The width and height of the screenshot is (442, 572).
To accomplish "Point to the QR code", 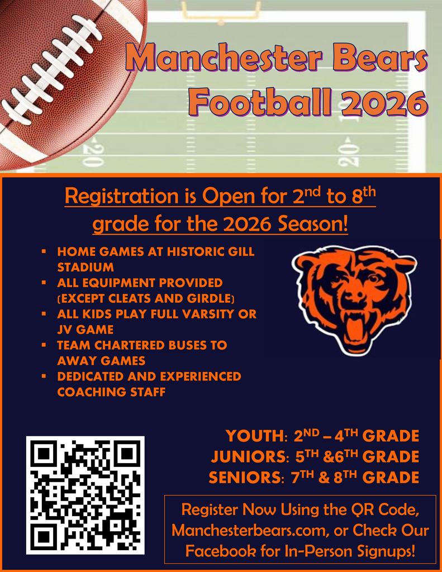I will coord(85,495).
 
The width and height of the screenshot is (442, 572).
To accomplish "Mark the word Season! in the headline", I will coord(316,226).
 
